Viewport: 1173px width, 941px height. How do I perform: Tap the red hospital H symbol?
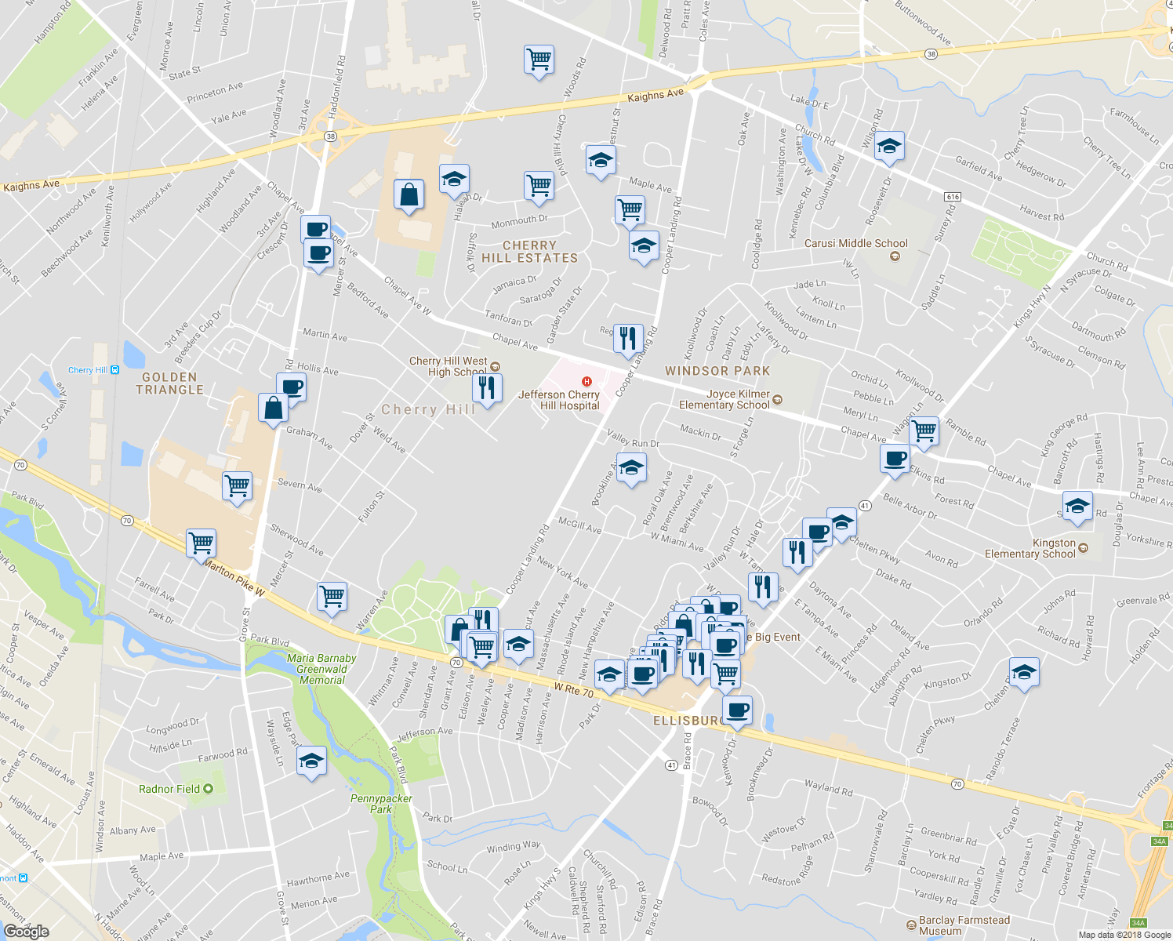pos(586,381)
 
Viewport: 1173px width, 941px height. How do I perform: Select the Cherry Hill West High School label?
pos(448,366)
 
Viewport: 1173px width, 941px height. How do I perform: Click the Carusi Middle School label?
pos(855,244)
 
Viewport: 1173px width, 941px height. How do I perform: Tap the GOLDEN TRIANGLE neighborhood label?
pos(169,383)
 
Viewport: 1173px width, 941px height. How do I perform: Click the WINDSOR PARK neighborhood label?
pos(717,371)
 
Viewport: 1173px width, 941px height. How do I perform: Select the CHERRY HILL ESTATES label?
pos(529,252)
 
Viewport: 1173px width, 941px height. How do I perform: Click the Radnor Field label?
pos(169,789)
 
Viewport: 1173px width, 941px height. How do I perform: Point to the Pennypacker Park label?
pos(381,804)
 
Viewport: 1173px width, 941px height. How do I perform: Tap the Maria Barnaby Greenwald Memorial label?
pos(321,669)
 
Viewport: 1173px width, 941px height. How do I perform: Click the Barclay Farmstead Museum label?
pos(964,925)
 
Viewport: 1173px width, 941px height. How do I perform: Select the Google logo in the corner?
pos(26,931)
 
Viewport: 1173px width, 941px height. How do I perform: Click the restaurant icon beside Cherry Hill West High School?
pos(487,387)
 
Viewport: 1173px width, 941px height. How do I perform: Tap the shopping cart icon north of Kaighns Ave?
pos(539,60)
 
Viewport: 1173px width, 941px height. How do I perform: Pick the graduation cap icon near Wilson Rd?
pos(889,147)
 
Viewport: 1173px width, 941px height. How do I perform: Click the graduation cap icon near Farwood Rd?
pos(311,761)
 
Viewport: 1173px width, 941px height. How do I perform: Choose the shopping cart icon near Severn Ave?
pos(237,486)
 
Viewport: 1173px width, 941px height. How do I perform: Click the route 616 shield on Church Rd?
pos(953,197)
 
